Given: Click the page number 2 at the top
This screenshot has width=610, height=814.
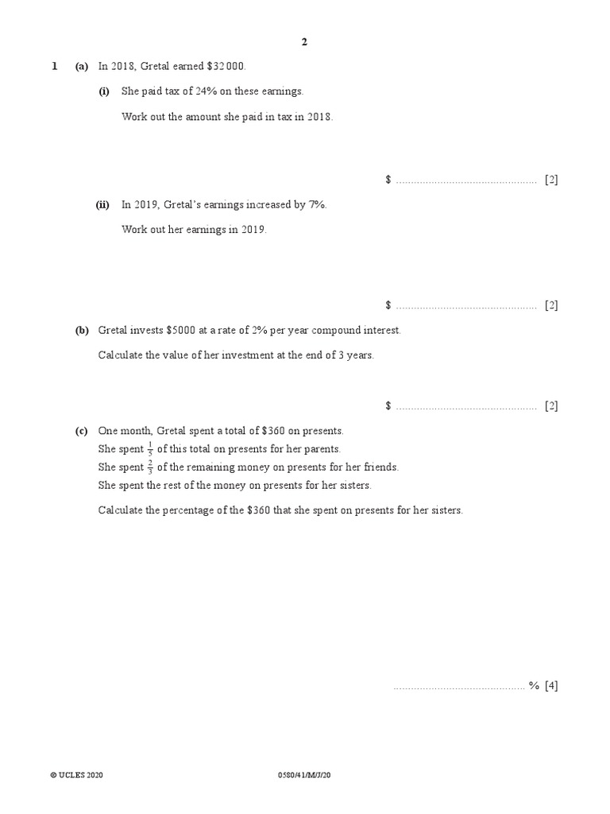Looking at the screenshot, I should pos(304,43).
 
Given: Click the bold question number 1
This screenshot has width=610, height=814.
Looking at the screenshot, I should pos(54,67).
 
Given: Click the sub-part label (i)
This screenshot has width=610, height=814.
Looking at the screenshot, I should pos(104,91).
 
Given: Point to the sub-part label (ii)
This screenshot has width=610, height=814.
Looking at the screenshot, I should pos(102,204).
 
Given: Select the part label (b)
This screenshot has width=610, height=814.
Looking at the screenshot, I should pos(82,330).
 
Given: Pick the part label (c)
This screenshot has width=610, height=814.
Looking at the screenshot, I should pos(82,431).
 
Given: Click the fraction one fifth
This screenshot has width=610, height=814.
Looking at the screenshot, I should pos(150,449).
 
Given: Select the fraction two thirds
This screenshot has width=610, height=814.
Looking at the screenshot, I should pos(150,467).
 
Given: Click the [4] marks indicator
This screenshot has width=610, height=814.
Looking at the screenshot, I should pos(551,686).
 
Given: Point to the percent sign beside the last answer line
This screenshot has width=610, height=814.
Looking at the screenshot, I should pos(534,686).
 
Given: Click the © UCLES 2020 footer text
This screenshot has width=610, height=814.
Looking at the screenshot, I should pos(76,775).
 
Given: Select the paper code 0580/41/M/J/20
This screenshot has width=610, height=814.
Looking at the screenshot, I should pos(304,775).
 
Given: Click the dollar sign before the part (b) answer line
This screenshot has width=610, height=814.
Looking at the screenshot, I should pos(388,405).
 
